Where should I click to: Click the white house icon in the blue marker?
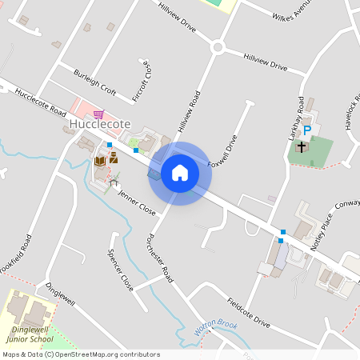tap(180, 173)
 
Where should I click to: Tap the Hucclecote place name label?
tap(100, 126)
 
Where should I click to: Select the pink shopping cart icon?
tap(98, 114)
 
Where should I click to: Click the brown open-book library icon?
tap(100, 161)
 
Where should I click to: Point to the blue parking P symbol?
tap(306, 131)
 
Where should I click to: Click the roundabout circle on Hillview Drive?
tap(217, 47)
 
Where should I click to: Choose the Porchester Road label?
tap(160, 258)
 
